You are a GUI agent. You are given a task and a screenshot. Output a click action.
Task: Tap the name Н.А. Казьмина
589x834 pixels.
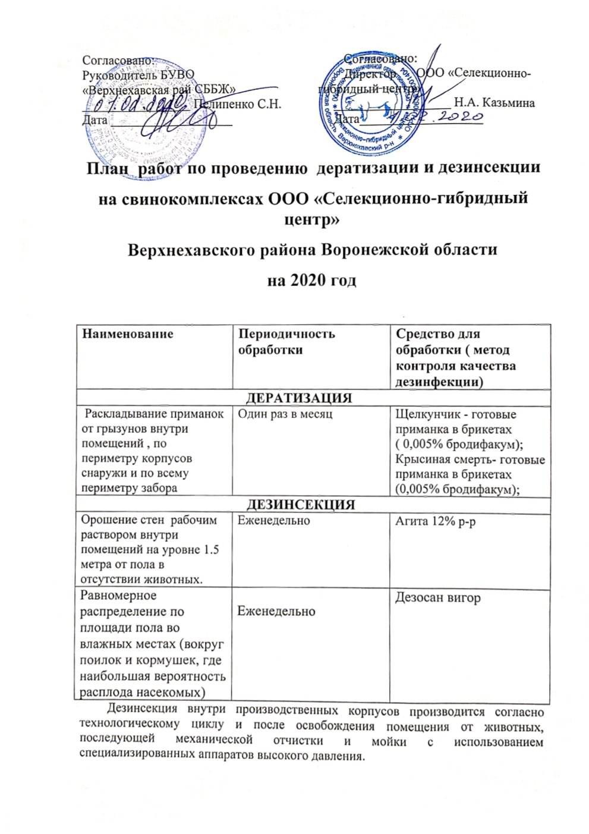coord(494,103)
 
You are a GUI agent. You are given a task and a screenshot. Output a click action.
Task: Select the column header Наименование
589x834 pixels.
coord(128,333)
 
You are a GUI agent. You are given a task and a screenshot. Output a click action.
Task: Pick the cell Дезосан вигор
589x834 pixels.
coord(438,597)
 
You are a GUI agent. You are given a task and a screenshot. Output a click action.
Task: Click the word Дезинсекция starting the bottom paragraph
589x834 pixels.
coord(141,710)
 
